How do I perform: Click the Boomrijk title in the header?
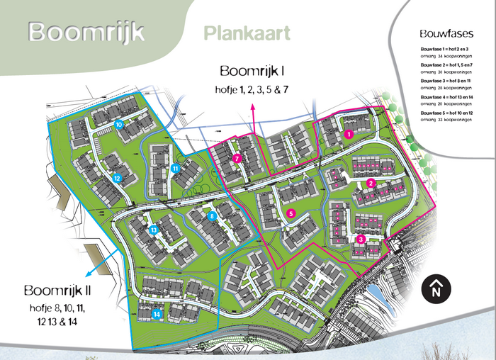coord(86,32)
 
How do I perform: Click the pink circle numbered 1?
coord(348,133)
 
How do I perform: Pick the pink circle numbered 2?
coord(371,184)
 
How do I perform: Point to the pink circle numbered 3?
coord(361,240)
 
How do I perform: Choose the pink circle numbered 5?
coord(291,213)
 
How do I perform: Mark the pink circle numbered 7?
coord(237,159)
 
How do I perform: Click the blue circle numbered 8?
coord(211,216)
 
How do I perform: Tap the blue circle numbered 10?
coord(119,124)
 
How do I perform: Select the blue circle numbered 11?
coord(174,168)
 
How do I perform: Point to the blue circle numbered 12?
coord(116,178)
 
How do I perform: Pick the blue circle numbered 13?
coord(153,230)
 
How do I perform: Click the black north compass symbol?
coord(436,288)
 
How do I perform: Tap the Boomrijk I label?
coord(252,71)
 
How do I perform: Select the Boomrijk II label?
coord(57,291)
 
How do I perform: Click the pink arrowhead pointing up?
coord(252,106)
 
